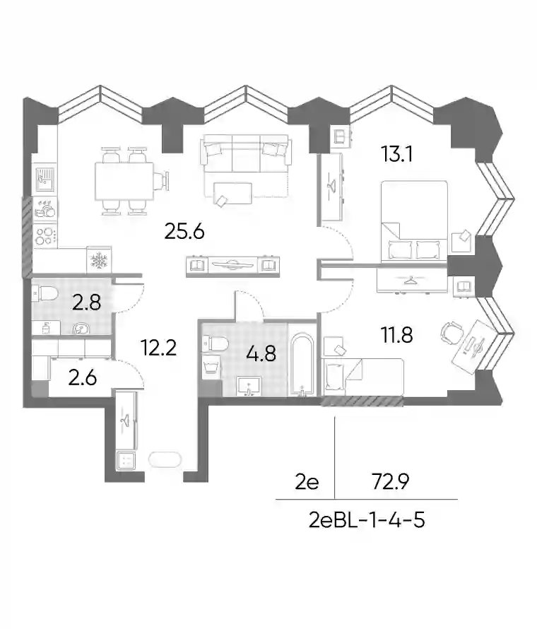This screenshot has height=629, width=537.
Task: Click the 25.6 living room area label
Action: coord(184,232)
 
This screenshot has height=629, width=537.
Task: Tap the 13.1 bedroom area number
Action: coord(397,154)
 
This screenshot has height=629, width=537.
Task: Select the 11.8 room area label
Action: coord(397,335)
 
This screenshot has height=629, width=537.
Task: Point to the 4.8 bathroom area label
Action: coord(261,354)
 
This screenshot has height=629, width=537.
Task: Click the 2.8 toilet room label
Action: coord(86,302)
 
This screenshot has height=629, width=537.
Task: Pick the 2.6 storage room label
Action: coord(82,378)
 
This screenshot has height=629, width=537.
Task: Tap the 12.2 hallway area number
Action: coord(159,348)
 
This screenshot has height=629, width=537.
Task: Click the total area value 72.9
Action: coord(390,482)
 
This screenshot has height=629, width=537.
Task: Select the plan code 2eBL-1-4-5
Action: coord(367,521)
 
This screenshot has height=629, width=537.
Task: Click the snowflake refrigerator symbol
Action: coord(99,260)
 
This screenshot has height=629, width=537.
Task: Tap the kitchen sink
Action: coord(45,179)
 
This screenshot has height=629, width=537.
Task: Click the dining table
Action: coord(124,182)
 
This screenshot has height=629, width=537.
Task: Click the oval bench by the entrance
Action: coord(165,459)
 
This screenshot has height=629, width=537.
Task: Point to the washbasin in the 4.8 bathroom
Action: coord(249,387)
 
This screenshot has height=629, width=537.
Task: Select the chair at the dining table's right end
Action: coord(161,182)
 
